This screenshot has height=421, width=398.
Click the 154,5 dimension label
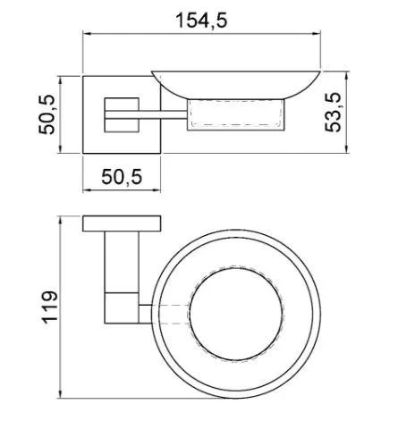pos(201,21)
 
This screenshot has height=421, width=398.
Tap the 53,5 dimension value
pos(333,113)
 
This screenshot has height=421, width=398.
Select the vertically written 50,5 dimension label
pos(47,114)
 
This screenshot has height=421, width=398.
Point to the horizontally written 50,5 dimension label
pos(122,177)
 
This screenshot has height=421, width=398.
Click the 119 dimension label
pos(49,307)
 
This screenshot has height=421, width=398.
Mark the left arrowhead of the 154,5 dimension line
pos(87,34)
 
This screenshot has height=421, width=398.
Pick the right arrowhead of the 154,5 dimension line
pos(317,34)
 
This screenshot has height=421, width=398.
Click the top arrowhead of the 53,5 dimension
pos(346,76)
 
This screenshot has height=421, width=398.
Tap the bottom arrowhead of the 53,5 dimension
pos(346,149)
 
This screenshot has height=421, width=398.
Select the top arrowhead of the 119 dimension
pos(61,221)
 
